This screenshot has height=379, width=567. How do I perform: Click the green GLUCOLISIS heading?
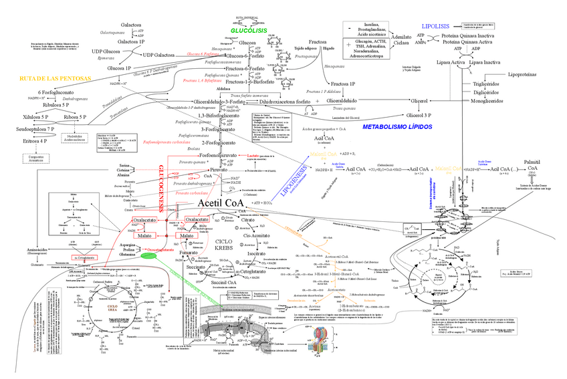click(249, 31)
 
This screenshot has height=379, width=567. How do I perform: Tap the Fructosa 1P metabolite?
click(343, 84)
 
